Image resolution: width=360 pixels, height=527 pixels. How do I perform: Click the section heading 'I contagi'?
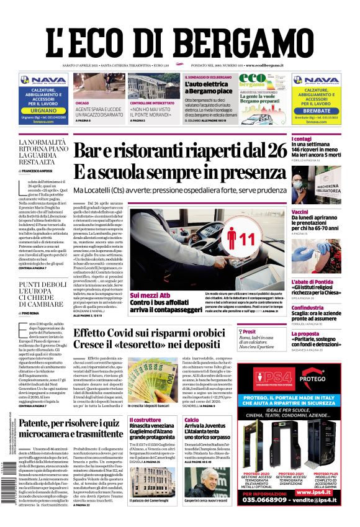point(319,139)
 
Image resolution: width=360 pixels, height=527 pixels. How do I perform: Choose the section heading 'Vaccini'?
point(318,212)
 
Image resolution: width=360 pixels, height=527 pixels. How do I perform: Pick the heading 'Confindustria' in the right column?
point(324,291)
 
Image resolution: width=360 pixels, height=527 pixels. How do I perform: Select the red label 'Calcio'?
point(192,420)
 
